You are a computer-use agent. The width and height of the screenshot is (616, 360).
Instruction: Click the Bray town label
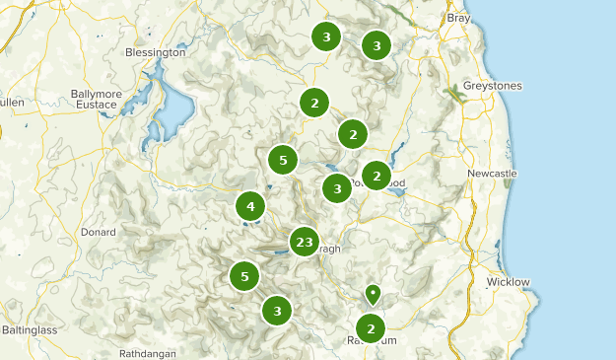(x=458, y=18)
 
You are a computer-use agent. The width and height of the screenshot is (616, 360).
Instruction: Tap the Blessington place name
(x=155, y=52)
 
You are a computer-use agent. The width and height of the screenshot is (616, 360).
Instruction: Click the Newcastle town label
(x=491, y=174)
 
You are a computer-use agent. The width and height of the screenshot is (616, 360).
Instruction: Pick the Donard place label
(x=98, y=233)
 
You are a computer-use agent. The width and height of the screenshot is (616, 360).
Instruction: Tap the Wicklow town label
(x=508, y=282)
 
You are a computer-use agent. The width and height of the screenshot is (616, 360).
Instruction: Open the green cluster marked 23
(x=304, y=242)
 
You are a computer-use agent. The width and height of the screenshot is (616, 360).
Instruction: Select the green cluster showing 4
(x=250, y=206)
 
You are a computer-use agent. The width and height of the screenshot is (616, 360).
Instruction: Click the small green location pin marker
(x=373, y=293)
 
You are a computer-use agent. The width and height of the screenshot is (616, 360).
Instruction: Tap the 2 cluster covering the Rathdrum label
(x=371, y=328)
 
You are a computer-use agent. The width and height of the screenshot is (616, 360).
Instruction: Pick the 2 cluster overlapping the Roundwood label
(x=376, y=176)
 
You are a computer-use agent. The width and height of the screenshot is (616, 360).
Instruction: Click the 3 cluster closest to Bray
(x=376, y=44)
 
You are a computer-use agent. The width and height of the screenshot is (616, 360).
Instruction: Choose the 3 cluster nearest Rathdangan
(x=278, y=311)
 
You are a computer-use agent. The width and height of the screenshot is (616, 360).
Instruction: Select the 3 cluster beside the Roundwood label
(x=337, y=187)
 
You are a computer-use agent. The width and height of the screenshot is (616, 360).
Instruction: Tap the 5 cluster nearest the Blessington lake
(x=283, y=159)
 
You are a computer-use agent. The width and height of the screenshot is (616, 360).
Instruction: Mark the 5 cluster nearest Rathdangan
(x=244, y=276)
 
